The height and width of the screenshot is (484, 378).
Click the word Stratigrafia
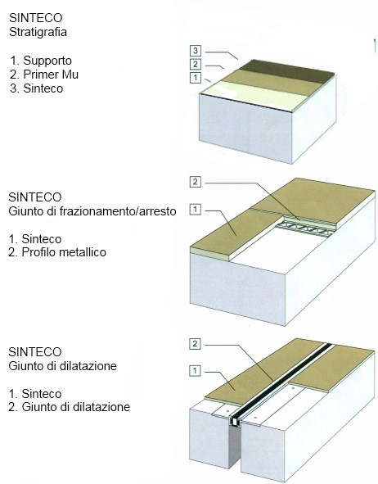[x=38, y=32]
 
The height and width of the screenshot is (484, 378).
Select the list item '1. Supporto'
[x=41, y=61]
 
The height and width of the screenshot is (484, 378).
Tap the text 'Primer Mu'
[x=51, y=75]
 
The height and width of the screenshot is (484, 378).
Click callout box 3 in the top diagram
[x=196, y=50]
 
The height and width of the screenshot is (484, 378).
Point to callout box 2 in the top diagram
[x=196, y=64]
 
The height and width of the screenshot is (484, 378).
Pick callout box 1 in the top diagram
[x=196, y=78]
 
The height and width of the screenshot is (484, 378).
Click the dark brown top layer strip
[x=286, y=71]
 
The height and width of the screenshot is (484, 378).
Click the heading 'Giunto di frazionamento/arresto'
[x=92, y=211]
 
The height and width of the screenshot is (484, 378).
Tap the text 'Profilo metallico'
[x=64, y=252]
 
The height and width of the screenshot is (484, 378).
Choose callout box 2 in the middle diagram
[x=196, y=182]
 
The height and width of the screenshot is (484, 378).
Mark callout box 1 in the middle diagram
[x=196, y=210]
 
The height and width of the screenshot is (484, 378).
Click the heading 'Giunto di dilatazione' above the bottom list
[x=62, y=366]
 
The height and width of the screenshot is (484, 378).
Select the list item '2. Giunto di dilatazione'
[x=69, y=407]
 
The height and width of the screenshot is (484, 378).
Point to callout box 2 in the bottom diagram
[x=195, y=344]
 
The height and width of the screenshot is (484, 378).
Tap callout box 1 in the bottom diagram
[x=195, y=371]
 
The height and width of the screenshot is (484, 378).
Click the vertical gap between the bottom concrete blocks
[x=236, y=448]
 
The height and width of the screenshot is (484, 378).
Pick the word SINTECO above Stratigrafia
[x=35, y=18]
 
